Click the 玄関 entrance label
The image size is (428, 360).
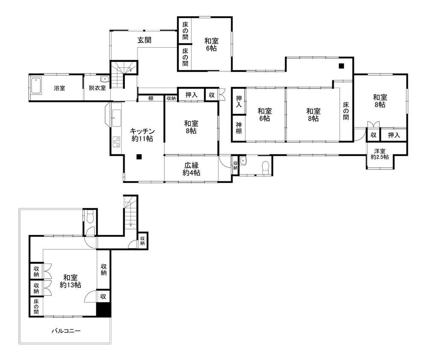click(x=144, y=40)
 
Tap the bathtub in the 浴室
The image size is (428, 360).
click(x=36, y=86)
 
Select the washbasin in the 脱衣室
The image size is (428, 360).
click(x=105, y=79)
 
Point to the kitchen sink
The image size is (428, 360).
click(x=116, y=118)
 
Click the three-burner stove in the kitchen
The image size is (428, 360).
click(x=116, y=142)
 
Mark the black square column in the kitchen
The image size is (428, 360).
click(x=139, y=156)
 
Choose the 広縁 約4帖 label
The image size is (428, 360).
click(x=191, y=169)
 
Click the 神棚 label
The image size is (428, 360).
click(x=239, y=128)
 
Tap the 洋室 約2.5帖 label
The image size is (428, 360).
click(x=380, y=154)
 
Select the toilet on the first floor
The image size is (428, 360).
click(x=265, y=167)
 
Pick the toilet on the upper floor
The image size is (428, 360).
click(x=90, y=217)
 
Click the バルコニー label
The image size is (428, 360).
click(x=66, y=331)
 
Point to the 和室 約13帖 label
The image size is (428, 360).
click(x=71, y=281)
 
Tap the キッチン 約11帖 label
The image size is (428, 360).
click(x=142, y=135)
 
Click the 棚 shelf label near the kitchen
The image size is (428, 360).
click(x=151, y=98)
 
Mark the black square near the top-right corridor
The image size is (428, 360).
click(x=341, y=66)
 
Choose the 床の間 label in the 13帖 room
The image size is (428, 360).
click(x=36, y=307)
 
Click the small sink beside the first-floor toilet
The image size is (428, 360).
click(x=243, y=161)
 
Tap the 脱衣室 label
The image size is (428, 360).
click(x=97, y=88)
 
